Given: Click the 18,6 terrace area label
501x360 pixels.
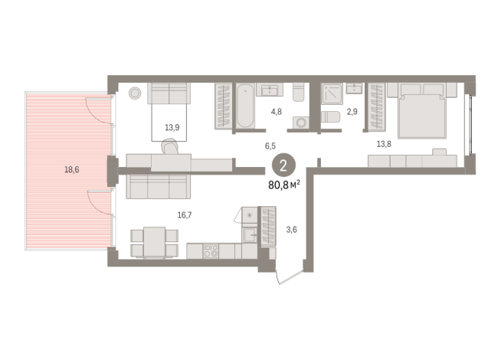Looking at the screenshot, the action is tap(72, 169).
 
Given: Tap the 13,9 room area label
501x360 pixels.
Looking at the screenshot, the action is tap(172, 128).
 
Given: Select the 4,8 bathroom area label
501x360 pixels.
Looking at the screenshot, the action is tap(276, 112).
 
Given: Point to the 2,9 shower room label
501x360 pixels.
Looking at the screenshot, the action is tap(352, 112).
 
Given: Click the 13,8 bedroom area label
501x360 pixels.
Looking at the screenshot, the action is tap(384, 144).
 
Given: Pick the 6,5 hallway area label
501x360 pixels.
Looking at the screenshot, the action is tap(270, 146).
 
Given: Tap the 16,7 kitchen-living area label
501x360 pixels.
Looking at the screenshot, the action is tap(185, 215).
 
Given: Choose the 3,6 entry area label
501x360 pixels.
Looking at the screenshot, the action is tap(291, 230).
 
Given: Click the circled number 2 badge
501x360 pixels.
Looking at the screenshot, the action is tap(283, 166).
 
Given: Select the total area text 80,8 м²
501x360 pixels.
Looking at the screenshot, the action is tap(284, 185).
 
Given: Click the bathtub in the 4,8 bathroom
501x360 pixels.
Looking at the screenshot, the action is tap(246, 106).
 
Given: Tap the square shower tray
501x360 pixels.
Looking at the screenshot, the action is tap(332, 94).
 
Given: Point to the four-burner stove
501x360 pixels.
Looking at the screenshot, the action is tap(211, 251).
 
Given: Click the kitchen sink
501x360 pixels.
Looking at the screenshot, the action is tap(250, 235).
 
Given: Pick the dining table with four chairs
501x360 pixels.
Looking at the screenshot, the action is tap(154, 243).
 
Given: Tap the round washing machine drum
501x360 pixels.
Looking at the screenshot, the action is tap(300, 123).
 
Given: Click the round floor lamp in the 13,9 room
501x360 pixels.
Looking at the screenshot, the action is tap(135, 93).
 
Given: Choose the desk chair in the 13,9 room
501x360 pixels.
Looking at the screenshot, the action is tap(170, 146).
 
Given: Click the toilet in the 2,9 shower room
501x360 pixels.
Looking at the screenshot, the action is tap(330, 116).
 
